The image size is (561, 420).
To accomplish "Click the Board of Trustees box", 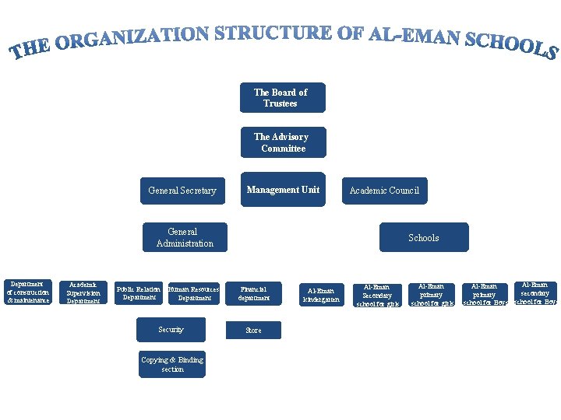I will click(283, 98).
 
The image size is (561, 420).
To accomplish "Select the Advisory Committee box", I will click(284, 143).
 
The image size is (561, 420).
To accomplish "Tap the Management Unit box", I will click(283, 190).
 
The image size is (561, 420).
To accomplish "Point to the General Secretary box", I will click(182, 191).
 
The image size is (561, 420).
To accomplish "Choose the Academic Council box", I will click(384, 191).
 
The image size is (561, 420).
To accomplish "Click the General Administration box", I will click(185, 237).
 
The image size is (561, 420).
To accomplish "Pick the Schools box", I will click(424, 238).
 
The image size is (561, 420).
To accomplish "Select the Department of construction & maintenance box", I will click(28, 292).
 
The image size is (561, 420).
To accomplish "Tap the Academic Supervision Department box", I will click(83, 292).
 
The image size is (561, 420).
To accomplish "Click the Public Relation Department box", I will click(139, 293).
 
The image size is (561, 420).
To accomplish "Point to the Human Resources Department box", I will click(194, 293).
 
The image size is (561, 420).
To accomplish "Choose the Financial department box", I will click(254, 293).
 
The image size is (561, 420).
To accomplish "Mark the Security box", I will click(171, 330).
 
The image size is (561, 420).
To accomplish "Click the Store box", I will click(254, 331).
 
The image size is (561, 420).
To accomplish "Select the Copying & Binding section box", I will click(172, 365).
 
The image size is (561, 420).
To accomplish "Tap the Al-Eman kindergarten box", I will click(321, 295).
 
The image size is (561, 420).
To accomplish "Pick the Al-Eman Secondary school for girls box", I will click(377, 295).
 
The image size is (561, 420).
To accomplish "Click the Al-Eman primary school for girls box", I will click(432, 295).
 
